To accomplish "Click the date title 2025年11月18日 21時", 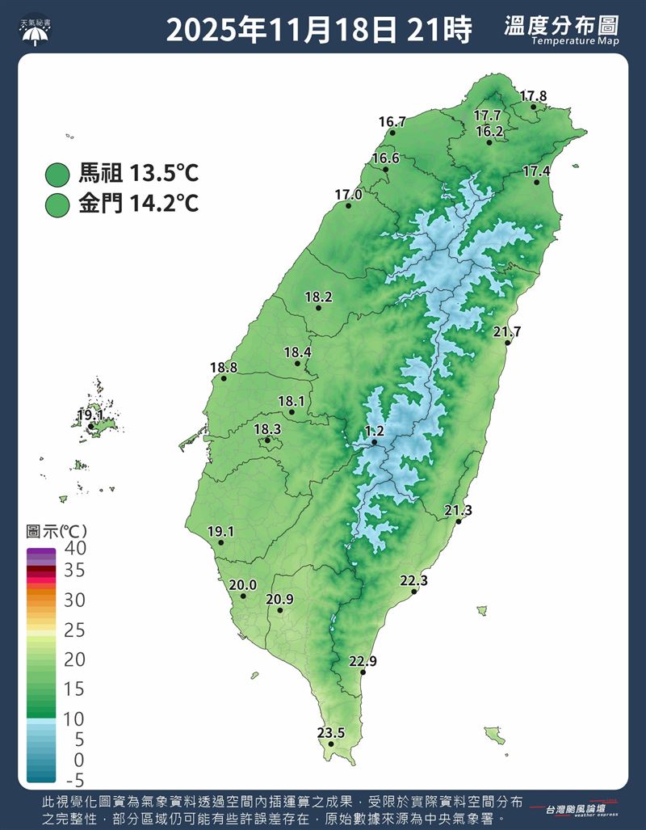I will pos(319,31).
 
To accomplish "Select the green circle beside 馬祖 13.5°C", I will pos(58,174).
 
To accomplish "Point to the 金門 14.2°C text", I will pos(138,204).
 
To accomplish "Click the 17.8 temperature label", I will pos(533,96).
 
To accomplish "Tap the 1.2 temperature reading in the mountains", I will pos(374,431).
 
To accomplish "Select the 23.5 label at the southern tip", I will pos(330,733).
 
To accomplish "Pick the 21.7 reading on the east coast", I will pos(507,331).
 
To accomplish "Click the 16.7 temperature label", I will pos(392,122).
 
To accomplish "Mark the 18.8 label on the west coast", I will pos(224,368).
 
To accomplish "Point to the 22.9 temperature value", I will pos(363,661).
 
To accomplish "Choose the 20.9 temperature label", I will pos(279,599).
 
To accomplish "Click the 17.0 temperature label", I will pos(348,195).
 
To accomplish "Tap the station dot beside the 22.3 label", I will pos(414,592).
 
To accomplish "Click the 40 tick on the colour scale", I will pos(75,548).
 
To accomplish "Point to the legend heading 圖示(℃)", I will pos(57,531).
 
